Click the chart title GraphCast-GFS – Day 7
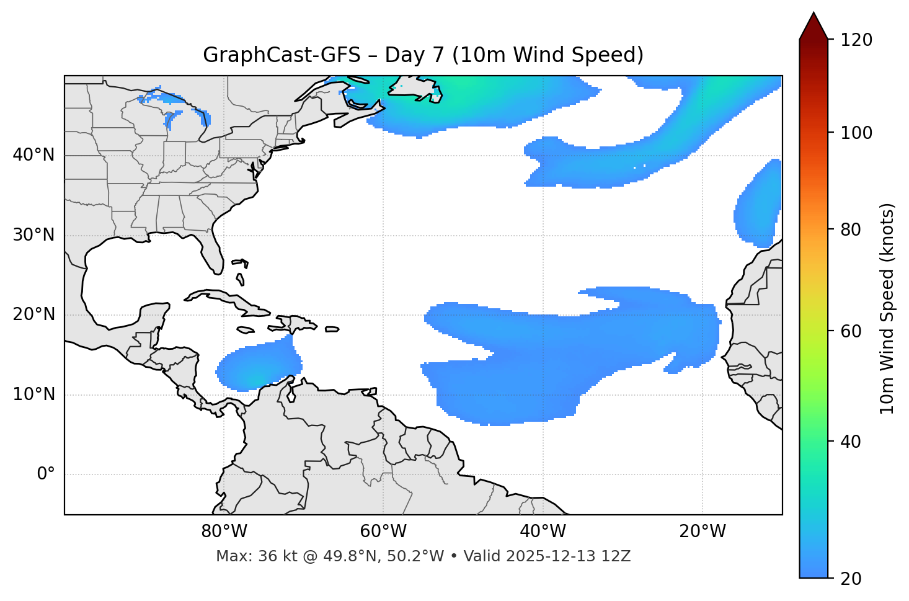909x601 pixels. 423,55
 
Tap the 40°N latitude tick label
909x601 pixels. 33,155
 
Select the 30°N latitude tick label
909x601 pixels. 33,235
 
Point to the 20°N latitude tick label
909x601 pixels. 33,314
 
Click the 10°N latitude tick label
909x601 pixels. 33,394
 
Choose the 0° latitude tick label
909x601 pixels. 46,474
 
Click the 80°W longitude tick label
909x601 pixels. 224,532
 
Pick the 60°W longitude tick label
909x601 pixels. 383,532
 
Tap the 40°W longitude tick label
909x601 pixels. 543,532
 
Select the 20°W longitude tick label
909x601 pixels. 702,532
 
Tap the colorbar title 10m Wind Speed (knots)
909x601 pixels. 887,308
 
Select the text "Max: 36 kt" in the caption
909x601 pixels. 247,556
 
